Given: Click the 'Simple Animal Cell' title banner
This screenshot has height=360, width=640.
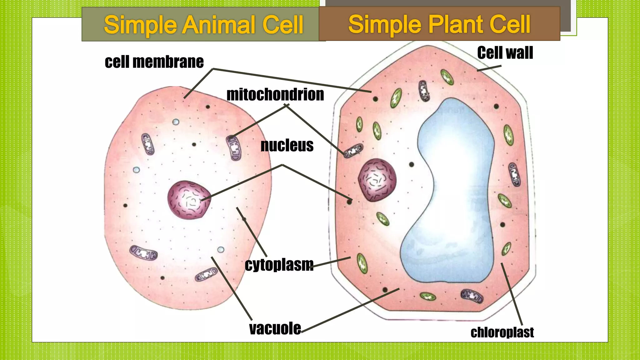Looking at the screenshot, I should [203, 24].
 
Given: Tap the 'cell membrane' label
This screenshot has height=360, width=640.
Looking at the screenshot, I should [154, 62].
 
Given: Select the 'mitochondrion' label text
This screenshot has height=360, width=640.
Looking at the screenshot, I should [275, 94].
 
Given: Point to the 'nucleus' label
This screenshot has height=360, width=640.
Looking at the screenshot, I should [287, 145].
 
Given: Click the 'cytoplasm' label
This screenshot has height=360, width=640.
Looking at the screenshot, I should [279, 265].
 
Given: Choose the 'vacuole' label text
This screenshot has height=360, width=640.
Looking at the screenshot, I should [275, 328].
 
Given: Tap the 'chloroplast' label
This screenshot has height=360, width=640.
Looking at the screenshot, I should [502, 332].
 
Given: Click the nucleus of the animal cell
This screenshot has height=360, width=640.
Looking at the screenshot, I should [188, 200].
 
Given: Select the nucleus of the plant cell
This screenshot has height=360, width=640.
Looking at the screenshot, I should [377, 180].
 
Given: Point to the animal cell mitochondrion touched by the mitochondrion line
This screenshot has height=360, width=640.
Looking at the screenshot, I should [234, 148].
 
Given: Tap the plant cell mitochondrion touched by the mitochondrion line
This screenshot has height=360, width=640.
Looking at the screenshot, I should [353, 151].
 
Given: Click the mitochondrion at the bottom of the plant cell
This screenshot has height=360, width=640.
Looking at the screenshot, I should [472, 296].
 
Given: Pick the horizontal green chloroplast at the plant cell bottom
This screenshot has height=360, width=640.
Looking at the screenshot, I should [427, 296].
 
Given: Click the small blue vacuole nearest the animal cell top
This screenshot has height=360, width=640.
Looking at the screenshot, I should [176, 122].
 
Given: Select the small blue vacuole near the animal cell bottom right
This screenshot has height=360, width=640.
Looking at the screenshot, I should [221, 250].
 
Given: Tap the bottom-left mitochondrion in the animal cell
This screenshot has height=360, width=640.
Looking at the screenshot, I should [143, 252].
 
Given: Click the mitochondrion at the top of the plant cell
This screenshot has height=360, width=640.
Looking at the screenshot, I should [424, 91].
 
